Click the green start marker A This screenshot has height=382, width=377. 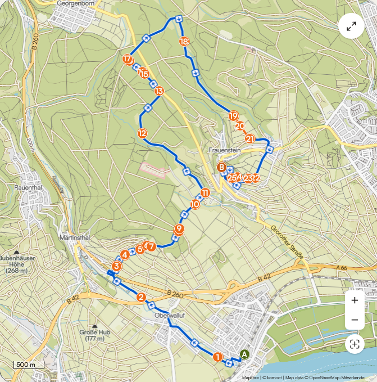coord(244,354)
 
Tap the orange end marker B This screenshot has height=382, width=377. coord(222,167)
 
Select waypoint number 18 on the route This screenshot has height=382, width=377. coord(184,41)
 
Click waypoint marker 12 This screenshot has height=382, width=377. coord(142,133)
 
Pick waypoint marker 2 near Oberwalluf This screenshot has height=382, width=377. coord(142,298)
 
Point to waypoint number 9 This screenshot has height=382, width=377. coord(179,228)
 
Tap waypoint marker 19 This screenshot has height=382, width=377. coord(233,116)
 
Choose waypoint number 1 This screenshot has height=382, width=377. coord(217,356)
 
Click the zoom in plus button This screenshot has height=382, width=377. coord(355,300)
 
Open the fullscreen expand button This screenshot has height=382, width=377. coord(352,26)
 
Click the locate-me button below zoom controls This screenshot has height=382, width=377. coord(355,344)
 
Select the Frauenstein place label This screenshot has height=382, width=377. coord(224,151)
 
